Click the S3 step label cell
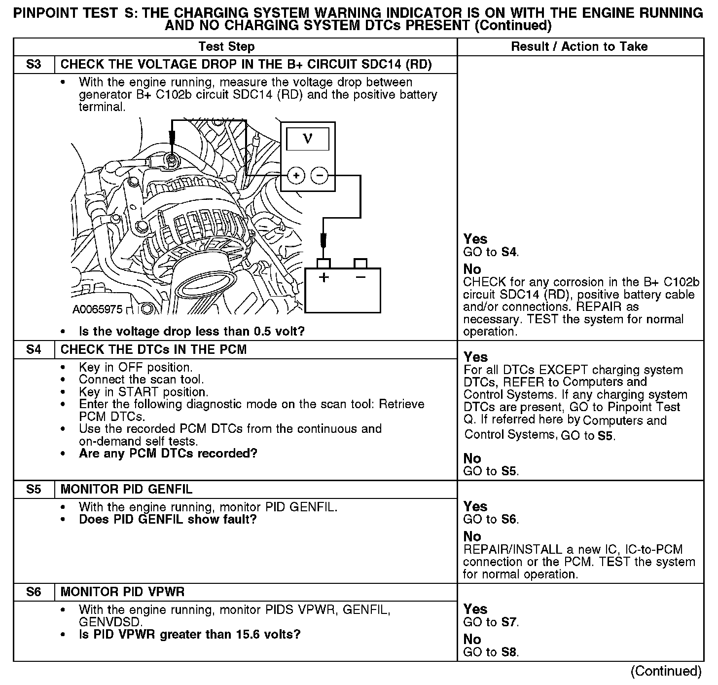34,65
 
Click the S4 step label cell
34,350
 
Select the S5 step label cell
34,490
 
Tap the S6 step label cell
34,592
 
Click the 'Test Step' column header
226,47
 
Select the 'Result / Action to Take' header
579,47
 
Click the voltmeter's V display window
308,138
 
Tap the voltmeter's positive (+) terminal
295,175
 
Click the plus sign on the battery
323,277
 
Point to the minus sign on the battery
361,277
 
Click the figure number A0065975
97,309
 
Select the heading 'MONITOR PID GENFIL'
126,490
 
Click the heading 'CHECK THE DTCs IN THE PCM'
153,350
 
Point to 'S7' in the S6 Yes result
509,622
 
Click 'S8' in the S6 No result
509,652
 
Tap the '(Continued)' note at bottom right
666,671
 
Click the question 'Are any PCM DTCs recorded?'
168,454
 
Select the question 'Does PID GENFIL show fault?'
168,520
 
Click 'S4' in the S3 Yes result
509,252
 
